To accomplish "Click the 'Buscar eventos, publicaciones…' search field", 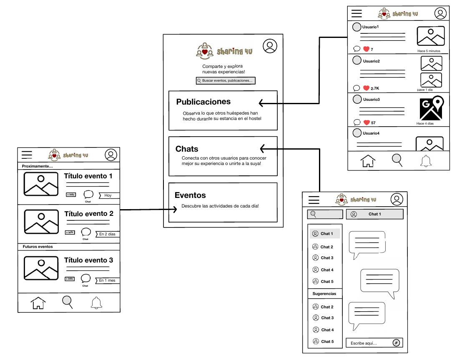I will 226,80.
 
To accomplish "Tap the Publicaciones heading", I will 203,102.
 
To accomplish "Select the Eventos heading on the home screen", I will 190,195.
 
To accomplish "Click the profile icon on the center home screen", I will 270,46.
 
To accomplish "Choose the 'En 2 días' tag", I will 108,234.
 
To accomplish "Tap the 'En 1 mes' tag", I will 108,280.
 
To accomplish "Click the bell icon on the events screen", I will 96,302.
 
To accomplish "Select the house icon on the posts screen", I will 368,161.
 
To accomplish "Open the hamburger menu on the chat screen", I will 314,200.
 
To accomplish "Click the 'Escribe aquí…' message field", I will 369,343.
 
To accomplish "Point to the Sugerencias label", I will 324,294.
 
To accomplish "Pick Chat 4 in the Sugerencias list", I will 327,330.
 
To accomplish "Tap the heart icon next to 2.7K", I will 366,88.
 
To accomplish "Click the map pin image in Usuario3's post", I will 431,108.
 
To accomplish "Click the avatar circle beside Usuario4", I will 357,133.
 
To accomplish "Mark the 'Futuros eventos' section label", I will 38,247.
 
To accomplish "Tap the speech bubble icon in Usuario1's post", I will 357,49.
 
